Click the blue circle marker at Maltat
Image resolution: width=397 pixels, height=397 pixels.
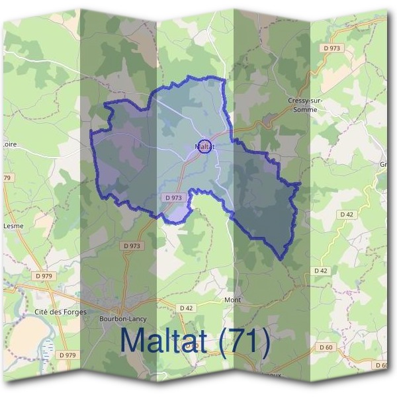pos(205,146)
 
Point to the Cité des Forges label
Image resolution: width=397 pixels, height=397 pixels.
pos(60,312)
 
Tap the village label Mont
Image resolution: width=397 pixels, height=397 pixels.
pos(232,300)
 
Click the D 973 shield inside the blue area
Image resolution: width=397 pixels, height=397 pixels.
pos(172,198)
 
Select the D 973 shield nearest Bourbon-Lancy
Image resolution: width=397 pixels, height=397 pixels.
pos(132,245)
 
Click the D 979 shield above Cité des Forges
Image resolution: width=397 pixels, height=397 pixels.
pos(44,275)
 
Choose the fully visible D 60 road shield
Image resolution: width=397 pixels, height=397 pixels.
pos(325,347)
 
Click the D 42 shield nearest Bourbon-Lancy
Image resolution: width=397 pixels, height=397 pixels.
pos(186,308)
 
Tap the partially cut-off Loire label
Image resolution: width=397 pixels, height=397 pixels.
pos(9,143)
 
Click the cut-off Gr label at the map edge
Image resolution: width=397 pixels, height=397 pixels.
pos(383,164)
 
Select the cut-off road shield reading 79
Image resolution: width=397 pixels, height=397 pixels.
pos(7,178)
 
